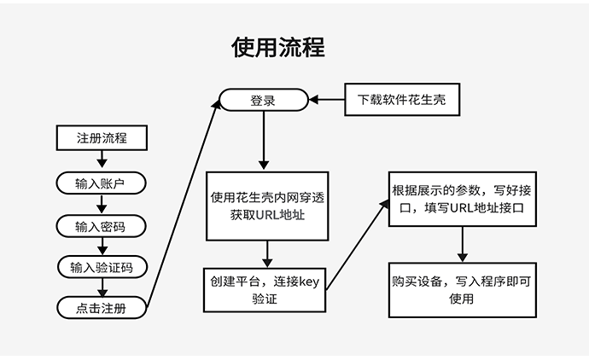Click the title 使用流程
277,47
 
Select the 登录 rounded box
263,101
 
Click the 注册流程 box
102,137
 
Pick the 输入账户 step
102,183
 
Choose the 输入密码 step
102,226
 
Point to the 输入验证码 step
102,267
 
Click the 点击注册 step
102,308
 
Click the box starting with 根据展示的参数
462,198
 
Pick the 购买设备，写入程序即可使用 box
462,289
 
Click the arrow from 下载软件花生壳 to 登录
326,101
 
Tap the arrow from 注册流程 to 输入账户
102,160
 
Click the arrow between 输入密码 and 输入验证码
102,247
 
